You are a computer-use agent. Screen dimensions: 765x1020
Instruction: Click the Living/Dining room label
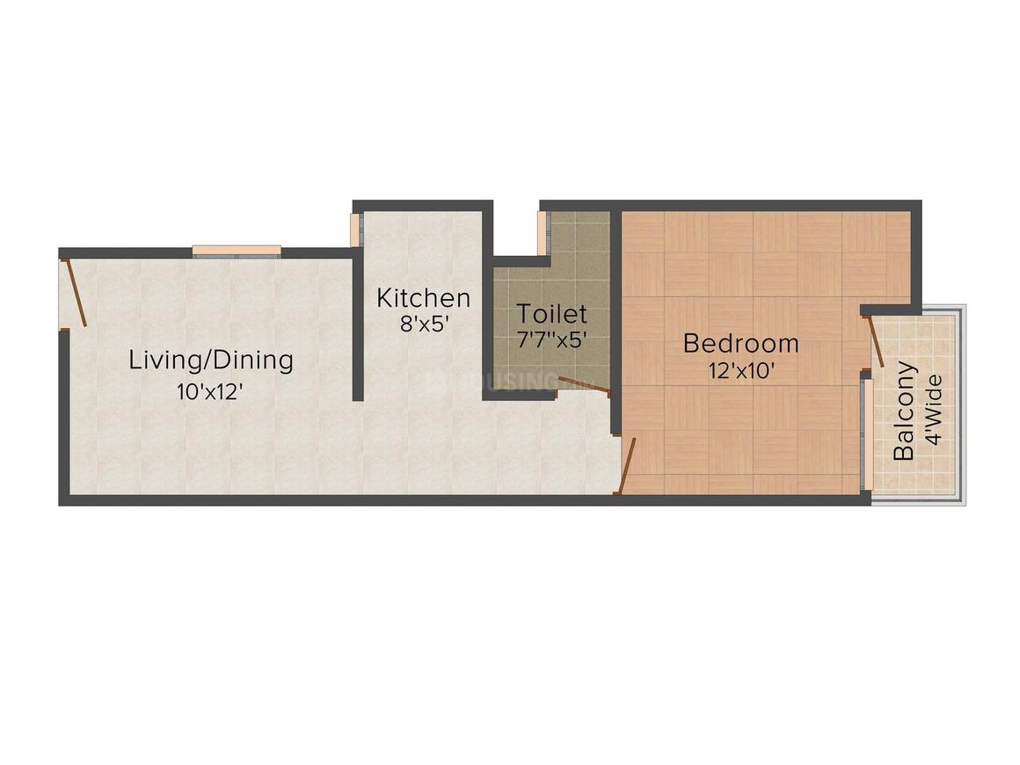click(x=211, y=360)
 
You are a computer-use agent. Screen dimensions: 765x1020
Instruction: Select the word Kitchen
click(x=423, y=297)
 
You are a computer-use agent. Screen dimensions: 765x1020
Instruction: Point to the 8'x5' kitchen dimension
click(x=426, y=324)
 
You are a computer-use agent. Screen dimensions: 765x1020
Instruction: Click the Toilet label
click(x=551, y=314)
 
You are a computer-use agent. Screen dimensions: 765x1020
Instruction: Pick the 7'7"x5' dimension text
click(x=551, y=340)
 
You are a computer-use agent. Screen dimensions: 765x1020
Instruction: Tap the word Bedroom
click(x=741, y=342)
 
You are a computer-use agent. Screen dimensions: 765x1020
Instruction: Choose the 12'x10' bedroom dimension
click(x=741, y=370)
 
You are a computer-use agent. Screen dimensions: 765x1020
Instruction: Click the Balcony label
click(x=904, y=412)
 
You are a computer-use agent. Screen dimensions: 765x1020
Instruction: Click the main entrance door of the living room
click(x=75, y=293)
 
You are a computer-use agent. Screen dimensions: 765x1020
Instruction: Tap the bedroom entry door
click(x=626, y=465)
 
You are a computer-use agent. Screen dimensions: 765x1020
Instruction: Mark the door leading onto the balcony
click(x=876, y=342)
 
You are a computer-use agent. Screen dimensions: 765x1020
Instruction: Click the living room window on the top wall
click(x=237, y=251)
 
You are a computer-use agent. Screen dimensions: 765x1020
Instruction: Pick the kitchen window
click(x=355, y=229)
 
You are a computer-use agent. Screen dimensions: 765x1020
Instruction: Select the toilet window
click(x=543, y=233)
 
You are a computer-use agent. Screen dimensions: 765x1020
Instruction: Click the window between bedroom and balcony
click(x=867, y=434)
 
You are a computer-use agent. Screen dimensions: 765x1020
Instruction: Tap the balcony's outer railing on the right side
click(x=962, y=404)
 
